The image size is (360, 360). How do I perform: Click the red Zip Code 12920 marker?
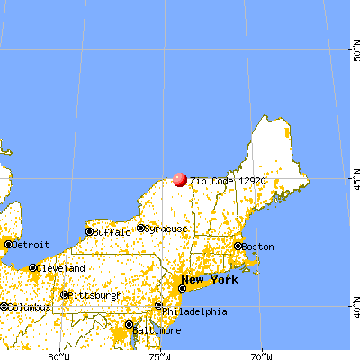pos(180,180)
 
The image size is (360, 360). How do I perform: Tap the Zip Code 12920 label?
pos(227,181)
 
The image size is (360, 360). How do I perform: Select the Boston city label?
pos(258,247)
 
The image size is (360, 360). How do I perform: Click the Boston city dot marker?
pos(238,246)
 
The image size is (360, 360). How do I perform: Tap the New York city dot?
pos(182,288)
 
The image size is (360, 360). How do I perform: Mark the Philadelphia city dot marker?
pos(159,307)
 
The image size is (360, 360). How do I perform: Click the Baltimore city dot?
pos(130,324)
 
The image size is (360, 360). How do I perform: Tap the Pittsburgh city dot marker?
pos(64,294)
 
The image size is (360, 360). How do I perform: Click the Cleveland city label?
pos(63,268)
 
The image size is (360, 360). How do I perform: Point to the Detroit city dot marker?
pos(8,244)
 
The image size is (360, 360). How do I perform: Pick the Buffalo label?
pos(111,232)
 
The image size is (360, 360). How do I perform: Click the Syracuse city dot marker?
pos(141,229)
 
